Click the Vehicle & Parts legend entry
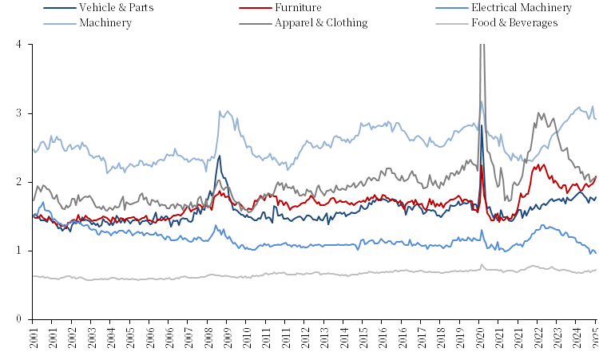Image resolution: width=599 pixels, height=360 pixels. pyautogui.click(x=116, y=8)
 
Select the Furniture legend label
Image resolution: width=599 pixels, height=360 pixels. pyautogui.click(x=298, y=8)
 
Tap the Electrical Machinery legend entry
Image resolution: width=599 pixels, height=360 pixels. pyautogui.click(x=521, y=8)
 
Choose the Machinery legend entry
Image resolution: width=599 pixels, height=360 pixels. pyautogui.click(x=105, y=22)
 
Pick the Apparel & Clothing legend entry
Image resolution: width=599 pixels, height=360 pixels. pyautogui.click(x=321, y=22)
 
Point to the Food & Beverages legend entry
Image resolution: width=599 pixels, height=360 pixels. pyautogui.click(x=514, y=22)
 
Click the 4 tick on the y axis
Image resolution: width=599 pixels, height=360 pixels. pyautogui.click(x=18, y=44)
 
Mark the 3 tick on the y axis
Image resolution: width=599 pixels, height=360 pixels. pyautogui.click(x=18, y=113)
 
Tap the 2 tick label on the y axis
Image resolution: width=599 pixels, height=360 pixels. pyautogui.click(x=18, y=182)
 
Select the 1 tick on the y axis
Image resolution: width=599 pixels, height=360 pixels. pyautogui.click(x=18, y=251)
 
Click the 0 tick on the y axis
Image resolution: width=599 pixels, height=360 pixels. pyautogui.click(x=18, y=319)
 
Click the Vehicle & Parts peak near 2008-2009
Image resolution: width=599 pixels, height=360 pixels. pyautogui.click(x=220, y=155)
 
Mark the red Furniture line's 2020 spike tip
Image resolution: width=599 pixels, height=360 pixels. pyautogui.click(x=482, y=165)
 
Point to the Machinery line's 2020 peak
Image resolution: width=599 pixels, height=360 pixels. pyautogui.click(x=481, y=101)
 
